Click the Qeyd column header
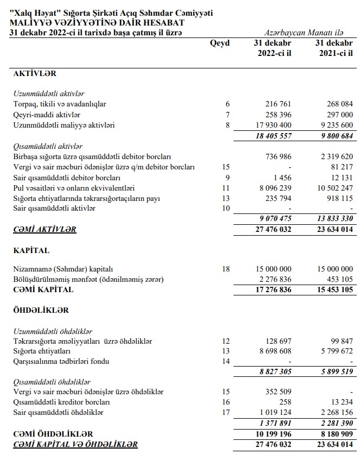click(x=219, y=43)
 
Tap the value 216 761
click(x=279, y=104)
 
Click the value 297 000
click(x=340, y=115)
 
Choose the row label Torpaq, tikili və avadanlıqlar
click(x=59, y=104)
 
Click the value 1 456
click(x=283, y=178)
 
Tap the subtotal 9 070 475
click(x=275, y=219)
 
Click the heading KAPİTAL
click(x=31, y=251)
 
